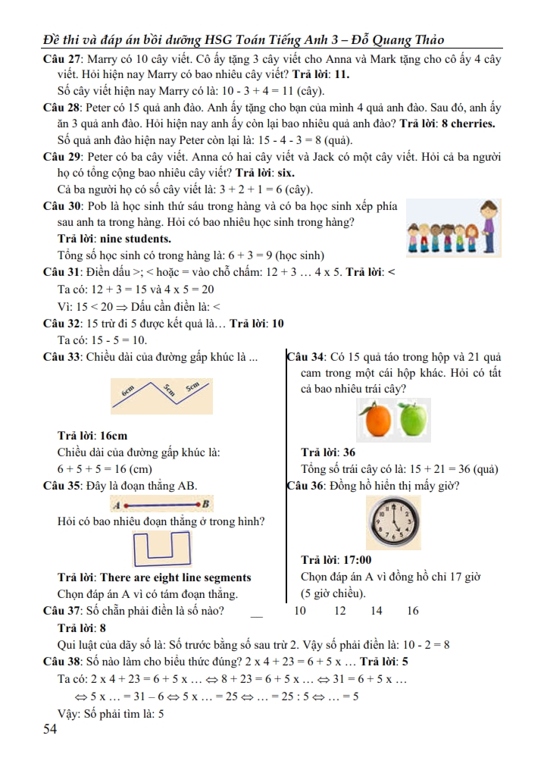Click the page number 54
coord(51,729)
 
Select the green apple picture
coord(413,420)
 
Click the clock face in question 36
coord(392,524)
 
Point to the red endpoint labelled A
coord(127,504)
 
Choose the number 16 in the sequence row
coord(412,611)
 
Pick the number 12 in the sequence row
coord(339,611)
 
